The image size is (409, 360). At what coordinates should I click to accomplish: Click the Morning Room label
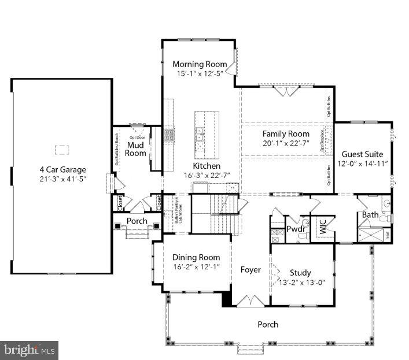tap(198, 64)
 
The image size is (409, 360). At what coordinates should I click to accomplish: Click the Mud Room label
tap(136, 149)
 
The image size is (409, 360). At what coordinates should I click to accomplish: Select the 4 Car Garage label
tap(62, 169)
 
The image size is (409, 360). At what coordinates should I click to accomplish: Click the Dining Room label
tap(197, 257)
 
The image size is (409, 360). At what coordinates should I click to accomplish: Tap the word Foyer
tap(250, 270)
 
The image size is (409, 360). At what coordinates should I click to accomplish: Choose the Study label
tap(300, 273)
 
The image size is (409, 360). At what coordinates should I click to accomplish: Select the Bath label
tap(370, 215)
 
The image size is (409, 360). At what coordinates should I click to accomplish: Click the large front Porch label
tap(268, 325)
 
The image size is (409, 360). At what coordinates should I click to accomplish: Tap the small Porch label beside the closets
tap(137, 221)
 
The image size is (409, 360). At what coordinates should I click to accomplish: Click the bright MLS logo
tap(29, 350)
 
